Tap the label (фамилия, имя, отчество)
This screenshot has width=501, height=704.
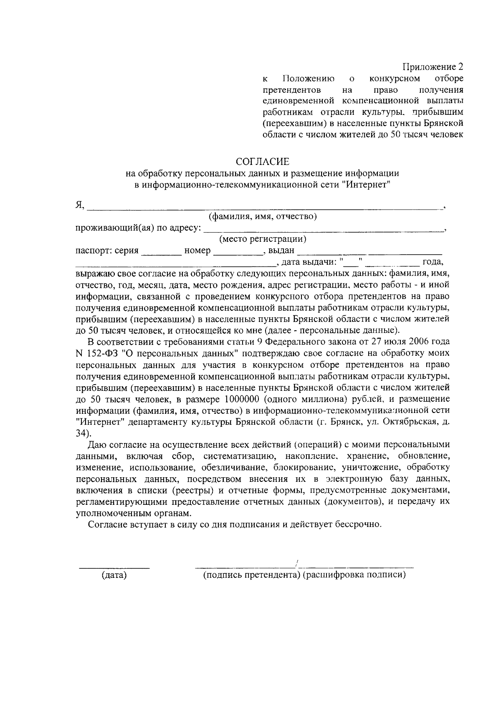(x=263, y=216)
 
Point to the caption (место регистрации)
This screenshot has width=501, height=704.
(x=263, y=239)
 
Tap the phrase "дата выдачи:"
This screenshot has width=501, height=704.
(x=309, y=262)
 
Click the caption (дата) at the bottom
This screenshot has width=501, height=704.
(x=114, y=575)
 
